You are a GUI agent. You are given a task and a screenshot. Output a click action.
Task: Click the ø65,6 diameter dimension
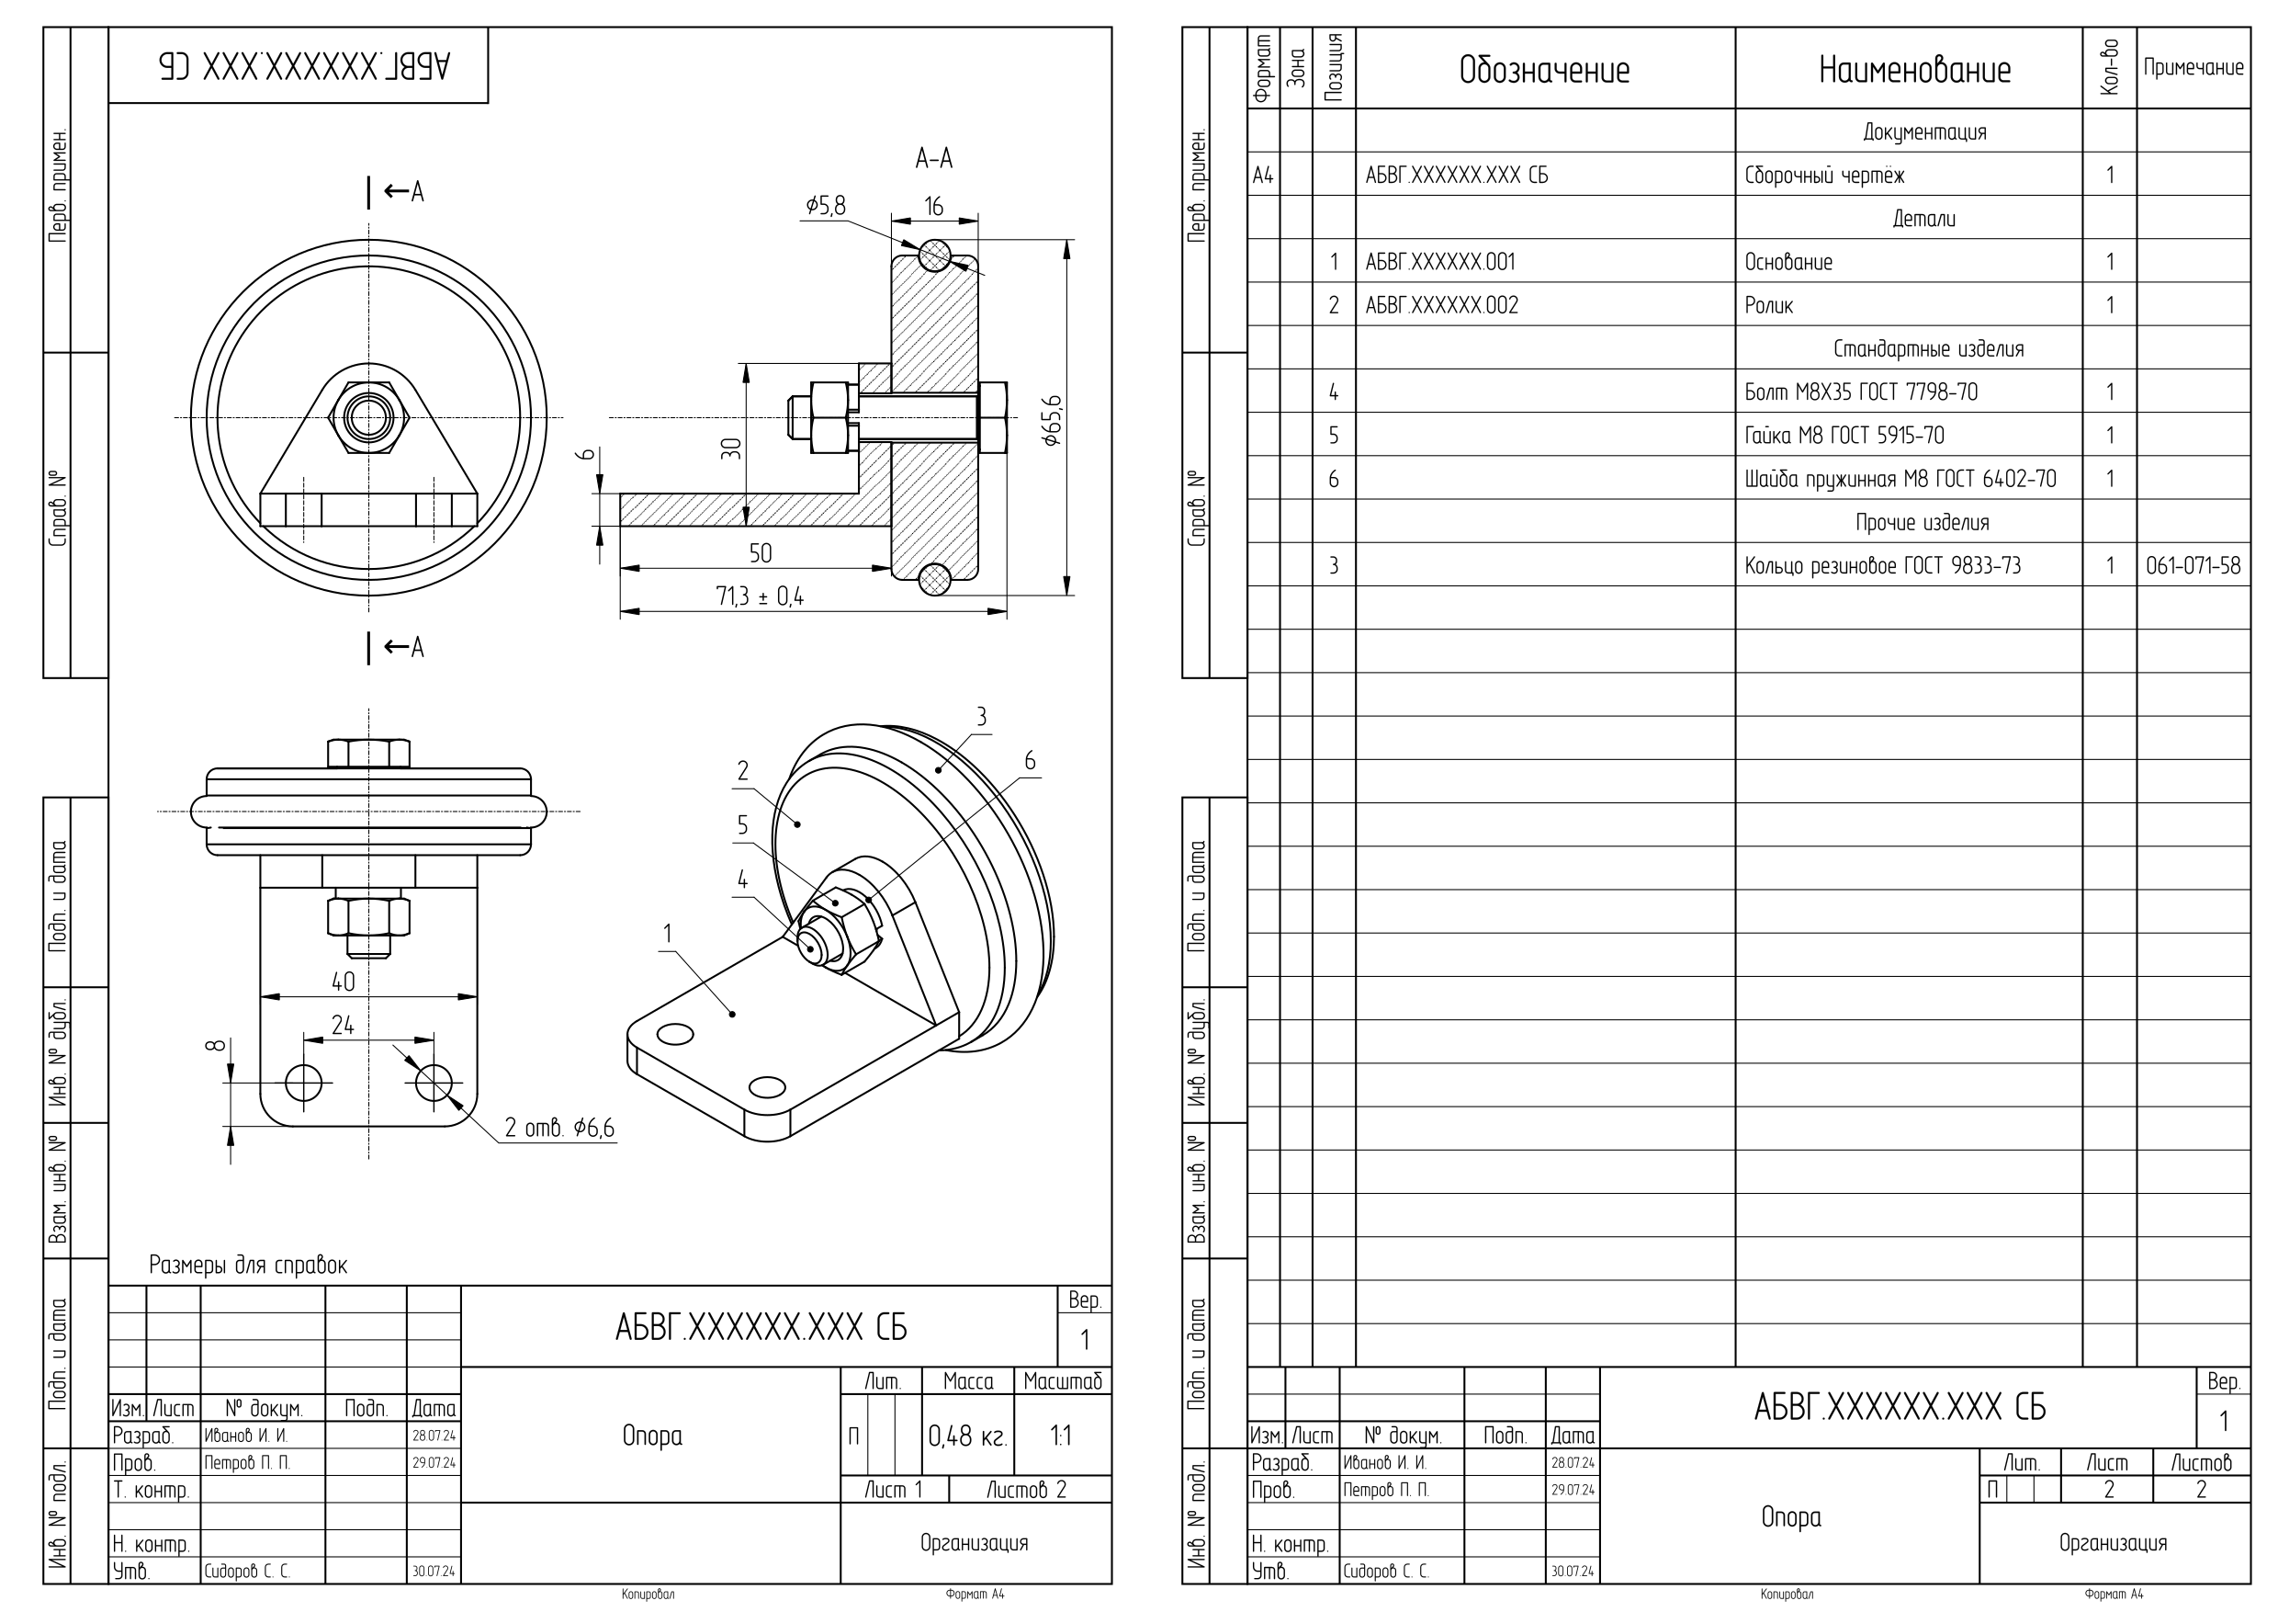(x=1053, y=420)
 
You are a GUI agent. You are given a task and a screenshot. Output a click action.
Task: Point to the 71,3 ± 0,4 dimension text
(x=760, y=596)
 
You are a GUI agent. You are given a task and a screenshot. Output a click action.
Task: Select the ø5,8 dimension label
(x=826, y=206)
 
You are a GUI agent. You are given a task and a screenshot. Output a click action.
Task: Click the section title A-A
(x=933, y=158)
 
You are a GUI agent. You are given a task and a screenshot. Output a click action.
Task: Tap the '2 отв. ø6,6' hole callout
(x=559, y=1128)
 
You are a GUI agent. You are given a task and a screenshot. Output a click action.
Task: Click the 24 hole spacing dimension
(x=343, y=1025)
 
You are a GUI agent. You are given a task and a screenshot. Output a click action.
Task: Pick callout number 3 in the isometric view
(x=981, y=717)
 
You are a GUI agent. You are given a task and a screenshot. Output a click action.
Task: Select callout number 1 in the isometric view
(x=668, y=934)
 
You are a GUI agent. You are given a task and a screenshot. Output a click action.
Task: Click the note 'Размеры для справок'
(x=248, y=1265)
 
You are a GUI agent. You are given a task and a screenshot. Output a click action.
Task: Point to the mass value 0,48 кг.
(x=967, y=1436)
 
